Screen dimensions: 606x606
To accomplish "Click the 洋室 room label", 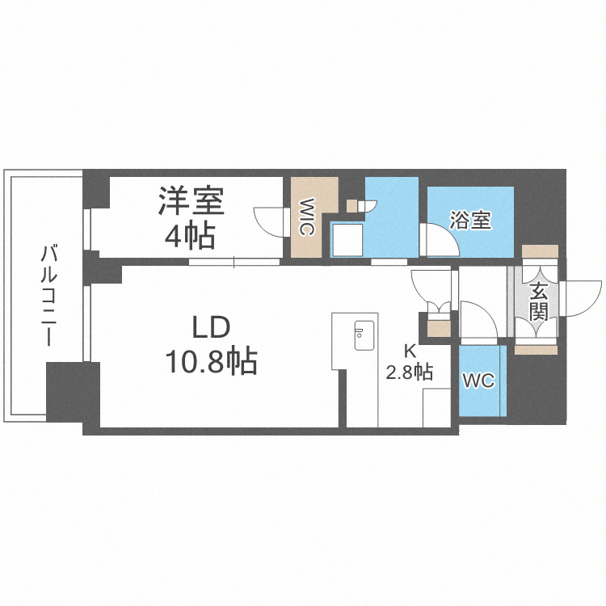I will [x=191, y=200].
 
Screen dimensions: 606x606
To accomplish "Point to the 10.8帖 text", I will [x=212, y=361].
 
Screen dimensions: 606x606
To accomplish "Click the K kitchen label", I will [x=410, y=352].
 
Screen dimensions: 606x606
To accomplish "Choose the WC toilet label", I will [x=478, y=379].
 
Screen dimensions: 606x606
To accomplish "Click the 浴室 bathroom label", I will [x=470, y=220].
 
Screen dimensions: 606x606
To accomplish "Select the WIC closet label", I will [x=306, y=217].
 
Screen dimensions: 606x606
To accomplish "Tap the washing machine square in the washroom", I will [x=347, y=239].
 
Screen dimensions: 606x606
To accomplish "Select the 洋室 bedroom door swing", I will [x=269, y=220].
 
